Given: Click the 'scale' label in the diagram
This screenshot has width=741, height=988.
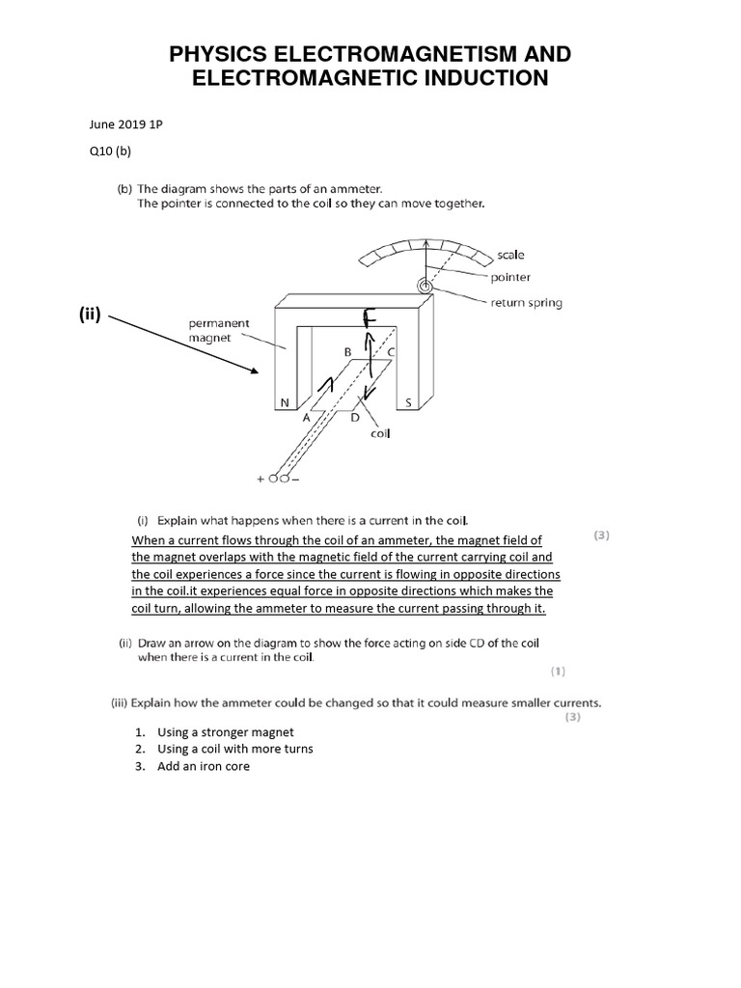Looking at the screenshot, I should click(x=511, y=255).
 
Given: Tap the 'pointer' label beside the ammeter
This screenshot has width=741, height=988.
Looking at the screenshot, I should click(x=510, y=278).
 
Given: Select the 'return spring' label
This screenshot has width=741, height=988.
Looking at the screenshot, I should click(x=527, y=302).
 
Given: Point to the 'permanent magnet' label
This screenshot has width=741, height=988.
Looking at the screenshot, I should click(x=219, y=330).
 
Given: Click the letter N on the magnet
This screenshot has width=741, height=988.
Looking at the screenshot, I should click(x=283, y=402).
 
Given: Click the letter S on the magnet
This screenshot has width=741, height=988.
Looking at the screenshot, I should click(x=408, y=402).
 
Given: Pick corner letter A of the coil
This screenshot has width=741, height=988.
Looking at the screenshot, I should click(x=306, y=419).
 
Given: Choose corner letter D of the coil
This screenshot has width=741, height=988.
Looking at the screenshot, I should click(x=355, y=418).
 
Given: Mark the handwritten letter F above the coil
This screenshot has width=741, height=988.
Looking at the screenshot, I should click(x=369, y=318).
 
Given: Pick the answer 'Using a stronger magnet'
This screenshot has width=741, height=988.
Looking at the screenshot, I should click(x=226, y=732).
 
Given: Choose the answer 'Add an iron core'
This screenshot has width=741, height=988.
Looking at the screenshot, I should click(x=204, y=766).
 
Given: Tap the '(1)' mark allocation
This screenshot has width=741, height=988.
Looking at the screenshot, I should click(x=558, y=670).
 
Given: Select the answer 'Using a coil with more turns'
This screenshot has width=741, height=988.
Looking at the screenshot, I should click(x=235, y=749).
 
